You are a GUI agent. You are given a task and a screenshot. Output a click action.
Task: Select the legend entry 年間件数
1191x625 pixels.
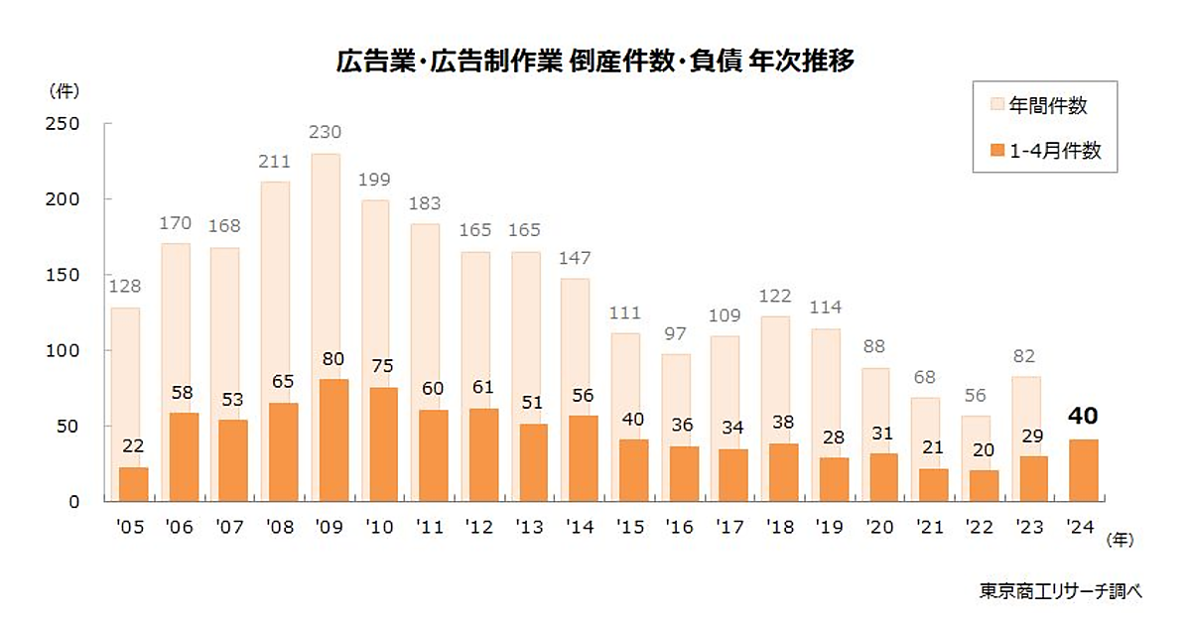[x=1048, y=104]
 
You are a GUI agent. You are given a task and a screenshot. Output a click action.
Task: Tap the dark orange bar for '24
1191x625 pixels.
[x=1084, y=470]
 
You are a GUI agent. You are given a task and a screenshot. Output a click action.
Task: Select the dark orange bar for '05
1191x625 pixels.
[x=133, y=484]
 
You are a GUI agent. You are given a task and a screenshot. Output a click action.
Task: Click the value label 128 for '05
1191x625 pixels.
[x=124, y=287]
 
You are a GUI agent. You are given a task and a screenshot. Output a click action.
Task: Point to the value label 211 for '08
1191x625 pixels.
[x=275, y=162]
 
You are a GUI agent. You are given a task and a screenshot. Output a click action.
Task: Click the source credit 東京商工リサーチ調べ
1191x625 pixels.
[x=1060, y=590]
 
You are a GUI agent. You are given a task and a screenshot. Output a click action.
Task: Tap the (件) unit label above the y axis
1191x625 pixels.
[x=63, y=90]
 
